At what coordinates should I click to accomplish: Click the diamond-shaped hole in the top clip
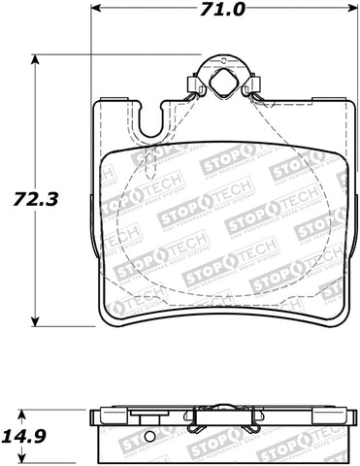pos(221,83)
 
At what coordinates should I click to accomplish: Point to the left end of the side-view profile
pos(93,418)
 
